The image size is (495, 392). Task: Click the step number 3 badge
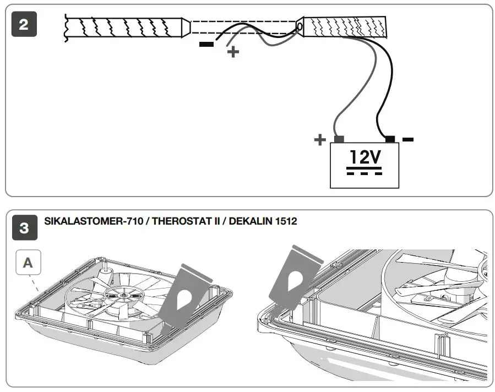pyautogui.click(x=24, y=228)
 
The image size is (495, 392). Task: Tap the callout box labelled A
pyautogui.click(x=28, y=263)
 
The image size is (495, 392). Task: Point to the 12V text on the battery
pyautogui.click(x=365, y=158)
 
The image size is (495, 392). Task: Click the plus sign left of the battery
pyautogui.click(x=319, y=140)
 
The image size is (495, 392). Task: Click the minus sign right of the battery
pyautogui.click(x=407, y=139)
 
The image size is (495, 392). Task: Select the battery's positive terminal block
pyautogui.click(x=339, y=139)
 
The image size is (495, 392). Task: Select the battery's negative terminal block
pyautogui.click(x=390, y=139)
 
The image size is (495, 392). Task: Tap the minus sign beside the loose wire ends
pyautogui.click(x=206, y=43)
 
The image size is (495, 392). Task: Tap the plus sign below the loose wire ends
pyautogui.click(x=233, y=52)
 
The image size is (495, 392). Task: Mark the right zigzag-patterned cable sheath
pyautogui.click(x=344, y=25)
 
